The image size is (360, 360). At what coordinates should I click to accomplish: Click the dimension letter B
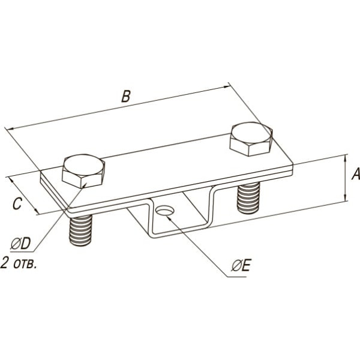126,96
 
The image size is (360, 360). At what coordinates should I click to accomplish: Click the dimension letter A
356,174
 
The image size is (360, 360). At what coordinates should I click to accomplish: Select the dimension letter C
17,203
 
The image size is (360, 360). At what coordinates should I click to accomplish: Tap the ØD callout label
20,244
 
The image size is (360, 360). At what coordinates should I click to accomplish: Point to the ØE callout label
241,266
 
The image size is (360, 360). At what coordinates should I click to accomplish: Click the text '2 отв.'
19,263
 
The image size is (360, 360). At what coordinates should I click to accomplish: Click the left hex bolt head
83,171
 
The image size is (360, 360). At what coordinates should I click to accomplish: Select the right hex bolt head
251,139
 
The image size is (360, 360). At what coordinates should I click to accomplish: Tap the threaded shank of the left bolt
80,230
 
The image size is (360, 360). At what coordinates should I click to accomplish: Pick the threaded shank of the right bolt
248,197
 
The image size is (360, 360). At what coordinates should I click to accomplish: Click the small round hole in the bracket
165,211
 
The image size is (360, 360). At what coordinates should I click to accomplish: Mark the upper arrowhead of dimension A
345,158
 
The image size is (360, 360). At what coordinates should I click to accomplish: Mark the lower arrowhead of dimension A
345,197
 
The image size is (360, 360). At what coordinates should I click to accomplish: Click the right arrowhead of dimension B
227,86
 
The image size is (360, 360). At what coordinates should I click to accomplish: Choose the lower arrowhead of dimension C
36,211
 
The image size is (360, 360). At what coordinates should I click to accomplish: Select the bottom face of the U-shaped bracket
179,232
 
